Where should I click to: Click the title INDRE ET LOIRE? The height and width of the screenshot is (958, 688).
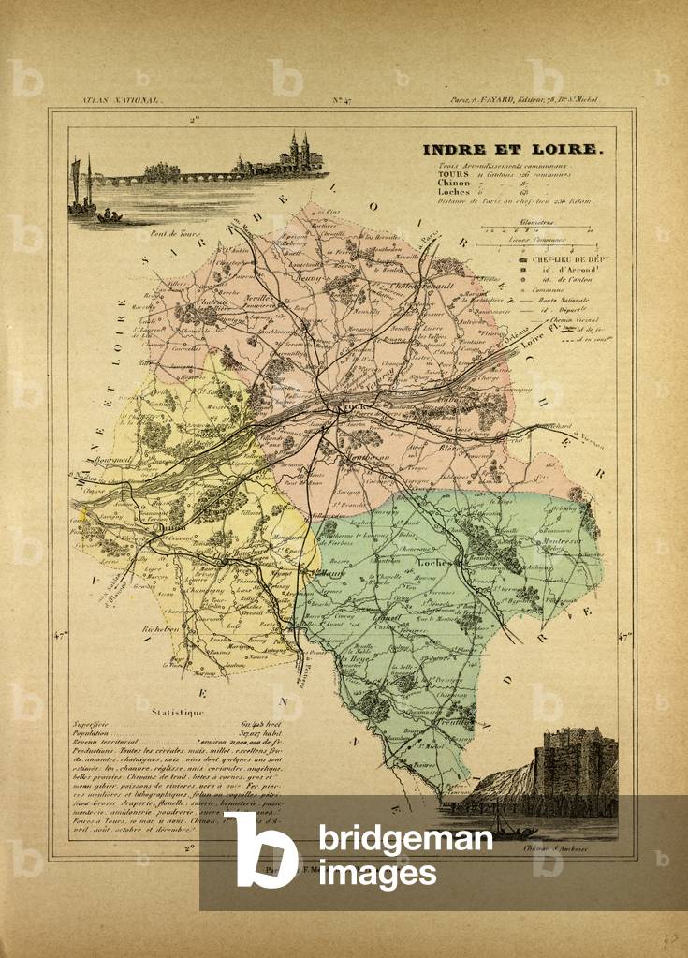coord(513,149)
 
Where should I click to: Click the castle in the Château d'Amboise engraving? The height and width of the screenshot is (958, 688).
coord(574,763)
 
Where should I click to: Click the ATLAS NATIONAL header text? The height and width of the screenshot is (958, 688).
coord(110,99)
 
